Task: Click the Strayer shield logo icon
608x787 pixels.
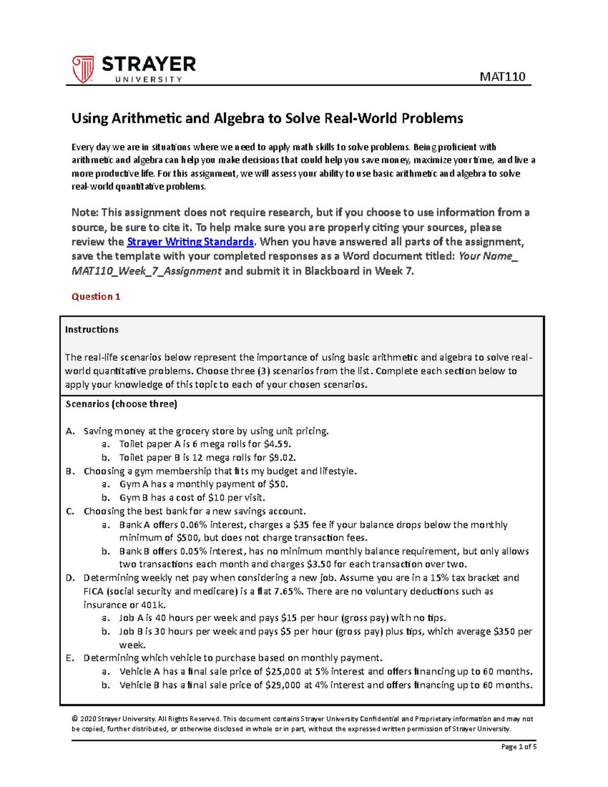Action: pos(83,69)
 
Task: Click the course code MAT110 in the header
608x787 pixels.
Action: pos(502,77)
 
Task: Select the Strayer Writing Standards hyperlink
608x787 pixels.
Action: pos(190,242)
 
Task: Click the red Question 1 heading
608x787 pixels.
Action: pos(96,297)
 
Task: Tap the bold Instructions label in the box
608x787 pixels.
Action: pos(92,329)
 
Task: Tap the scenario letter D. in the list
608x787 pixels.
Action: pos(70,578)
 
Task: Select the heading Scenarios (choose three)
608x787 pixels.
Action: pos(122,404)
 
